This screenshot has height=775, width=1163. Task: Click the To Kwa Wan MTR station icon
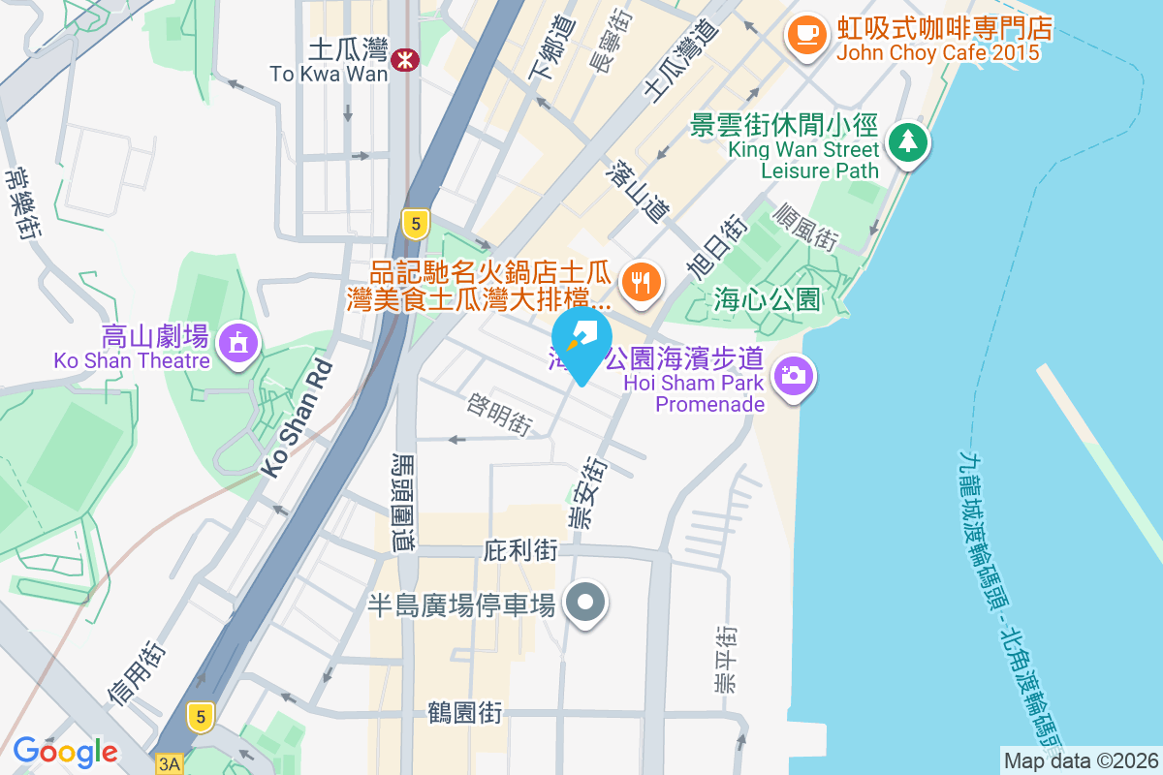405,61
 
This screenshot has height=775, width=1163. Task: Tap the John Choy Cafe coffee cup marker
805,36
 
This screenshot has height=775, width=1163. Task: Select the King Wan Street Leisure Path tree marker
908,143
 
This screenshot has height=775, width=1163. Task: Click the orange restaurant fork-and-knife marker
640,282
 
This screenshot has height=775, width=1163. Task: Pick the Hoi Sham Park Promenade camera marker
793,374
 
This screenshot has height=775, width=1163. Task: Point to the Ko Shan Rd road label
297,418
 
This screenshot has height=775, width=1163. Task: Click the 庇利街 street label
519,551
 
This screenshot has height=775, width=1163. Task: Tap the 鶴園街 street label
465,714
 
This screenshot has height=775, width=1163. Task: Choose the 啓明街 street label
499,414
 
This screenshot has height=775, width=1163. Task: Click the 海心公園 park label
767,298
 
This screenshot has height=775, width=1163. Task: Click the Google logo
65,751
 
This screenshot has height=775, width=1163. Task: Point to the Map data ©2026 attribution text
1081,760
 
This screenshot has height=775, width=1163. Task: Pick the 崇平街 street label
724,660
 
